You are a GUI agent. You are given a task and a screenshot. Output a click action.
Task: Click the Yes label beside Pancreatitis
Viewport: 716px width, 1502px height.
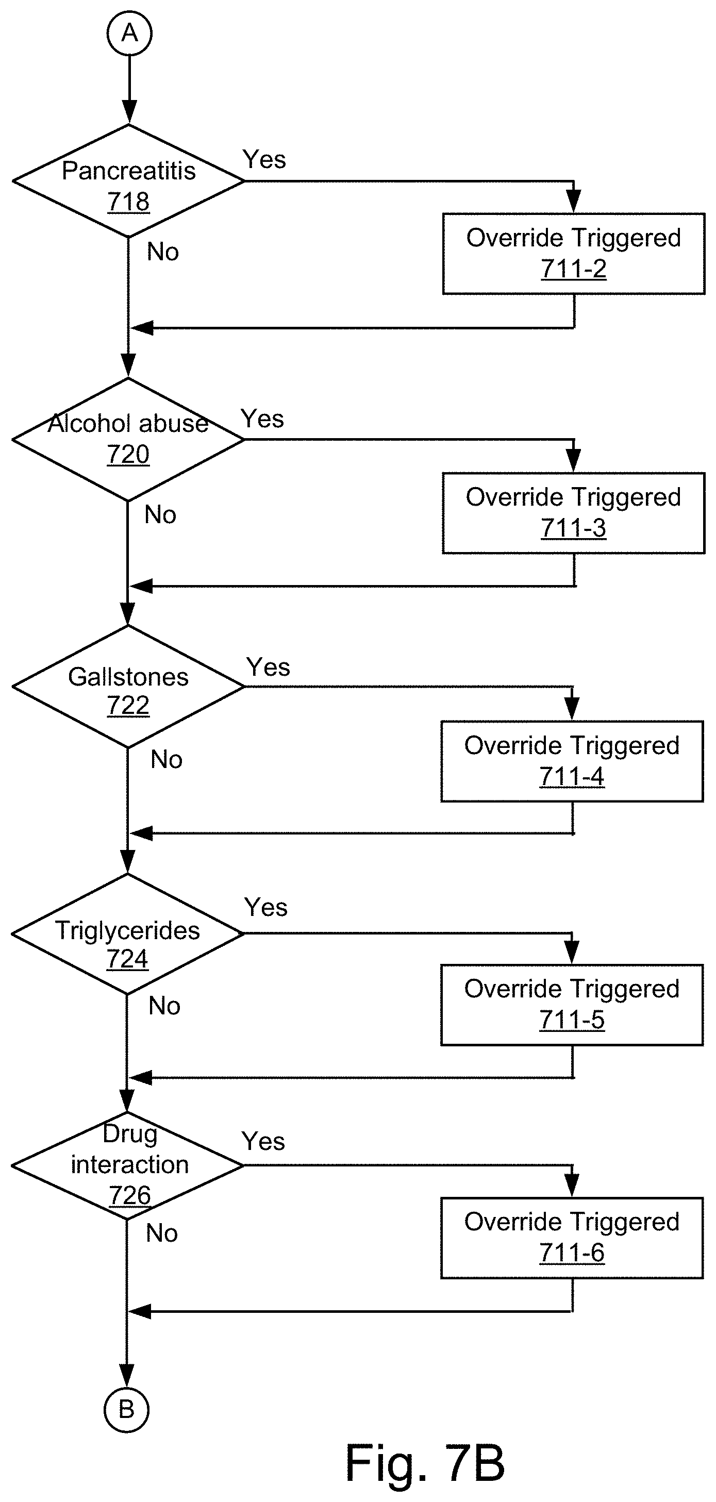[x=264, y=160]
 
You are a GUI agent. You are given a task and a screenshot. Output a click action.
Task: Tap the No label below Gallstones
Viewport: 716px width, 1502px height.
[x=166, y=760]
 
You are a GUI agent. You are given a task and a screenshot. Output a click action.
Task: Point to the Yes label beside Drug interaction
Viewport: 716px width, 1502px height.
[x=263, y=1142]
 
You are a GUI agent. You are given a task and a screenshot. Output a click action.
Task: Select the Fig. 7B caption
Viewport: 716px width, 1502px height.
[x=425, y=1463]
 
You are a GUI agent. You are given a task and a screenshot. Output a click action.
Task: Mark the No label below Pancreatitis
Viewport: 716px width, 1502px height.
[x=163, y=253]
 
